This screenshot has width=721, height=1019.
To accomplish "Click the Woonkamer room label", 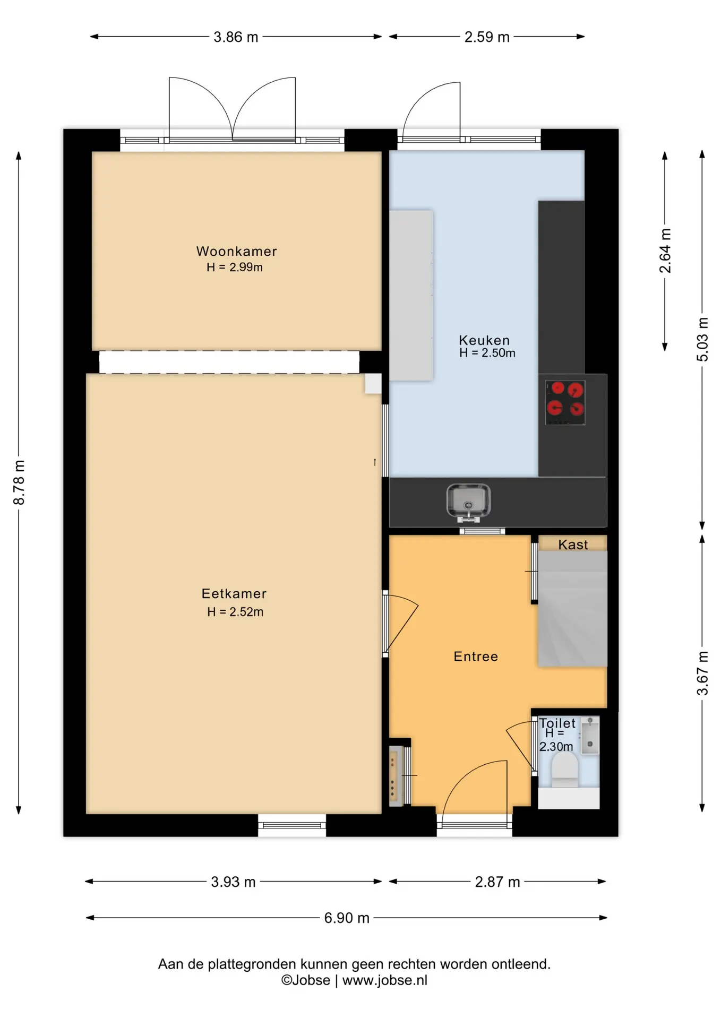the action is (x=236, y=251).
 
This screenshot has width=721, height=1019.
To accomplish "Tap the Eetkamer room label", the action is (x=234, y=593).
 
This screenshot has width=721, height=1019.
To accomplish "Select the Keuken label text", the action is (x=484, y=340).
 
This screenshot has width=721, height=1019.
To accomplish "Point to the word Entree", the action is (x=476, y=657).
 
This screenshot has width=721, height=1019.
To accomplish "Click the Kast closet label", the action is (x=573, y=545).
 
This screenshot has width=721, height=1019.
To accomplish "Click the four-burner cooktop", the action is (x=565, y=402).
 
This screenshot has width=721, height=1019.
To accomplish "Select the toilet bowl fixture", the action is (x=564, y=770).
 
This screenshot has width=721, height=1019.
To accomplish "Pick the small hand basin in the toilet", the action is (x=590, y=735).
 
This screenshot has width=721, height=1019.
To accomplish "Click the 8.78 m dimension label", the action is (x=19, y=482).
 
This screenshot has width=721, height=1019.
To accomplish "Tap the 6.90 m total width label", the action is (x=347, y=918).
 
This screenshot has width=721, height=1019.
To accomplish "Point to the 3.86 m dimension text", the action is (x=236, y=37).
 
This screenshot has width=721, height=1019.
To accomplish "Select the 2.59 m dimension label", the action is (x=487, y=37).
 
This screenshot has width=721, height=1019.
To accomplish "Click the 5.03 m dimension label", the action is (x=702, y=340).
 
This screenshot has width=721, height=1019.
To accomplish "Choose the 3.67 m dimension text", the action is (x=702, y=673).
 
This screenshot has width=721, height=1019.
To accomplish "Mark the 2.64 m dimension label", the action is (x=665, y=251).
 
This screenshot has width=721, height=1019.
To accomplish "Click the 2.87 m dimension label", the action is (x=497, y=882).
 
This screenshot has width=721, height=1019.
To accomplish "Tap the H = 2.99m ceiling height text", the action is (x=235, y=267).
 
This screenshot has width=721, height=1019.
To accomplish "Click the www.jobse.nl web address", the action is (x=385, y=980).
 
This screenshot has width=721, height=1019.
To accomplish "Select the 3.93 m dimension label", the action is (x=233, y=882).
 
